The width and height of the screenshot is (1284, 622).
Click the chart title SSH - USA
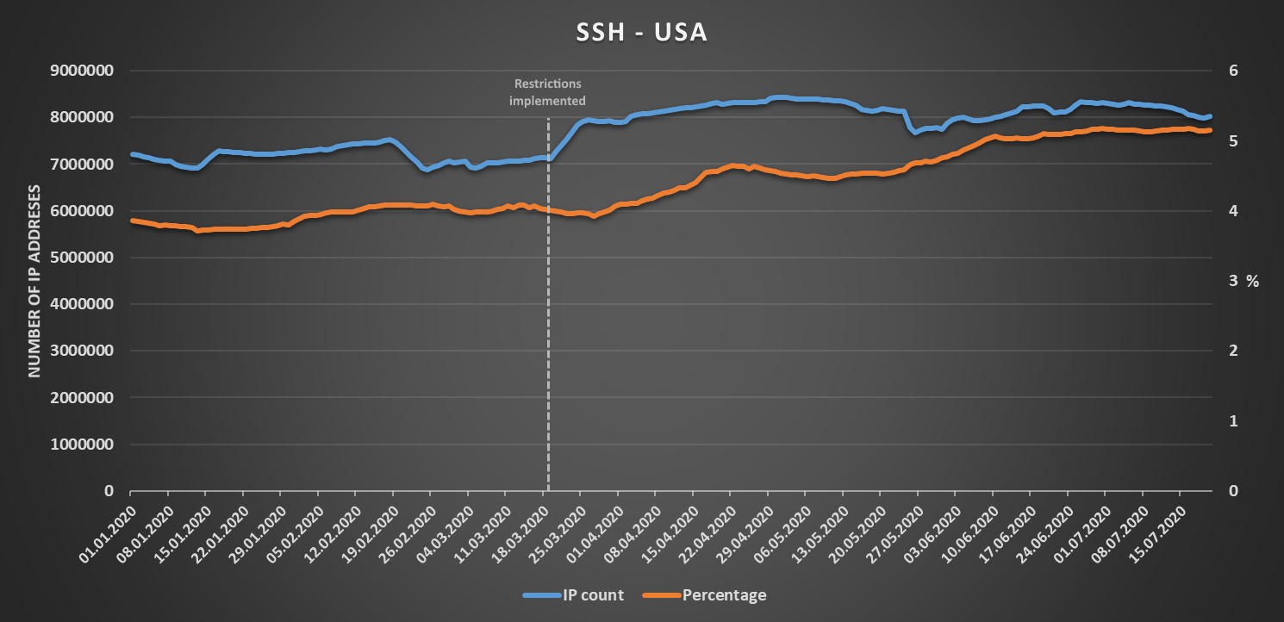click(642, 33)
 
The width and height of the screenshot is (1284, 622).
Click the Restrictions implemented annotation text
click(548, 92)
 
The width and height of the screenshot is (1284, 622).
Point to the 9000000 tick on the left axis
click(84, 71)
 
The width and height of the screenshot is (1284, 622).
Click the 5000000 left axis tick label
click(84, 258)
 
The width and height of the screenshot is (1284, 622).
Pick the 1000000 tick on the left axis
click(84, 445)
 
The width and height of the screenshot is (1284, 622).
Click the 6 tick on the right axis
click(1233, 71)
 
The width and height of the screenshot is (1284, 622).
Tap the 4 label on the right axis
click(1233, 211)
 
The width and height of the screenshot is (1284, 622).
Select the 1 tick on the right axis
click(1233, 421)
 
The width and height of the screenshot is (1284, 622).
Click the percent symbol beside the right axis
click(1252, 281)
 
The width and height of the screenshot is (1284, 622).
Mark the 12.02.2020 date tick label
click(331, 525)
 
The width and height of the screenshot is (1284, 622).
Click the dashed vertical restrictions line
click(548, 302)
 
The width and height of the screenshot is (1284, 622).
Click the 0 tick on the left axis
click(109, 491)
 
